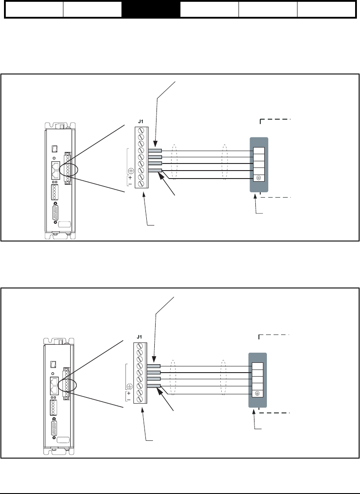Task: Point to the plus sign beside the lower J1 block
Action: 129,393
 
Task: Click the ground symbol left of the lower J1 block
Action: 129,385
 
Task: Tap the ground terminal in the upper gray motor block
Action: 258,178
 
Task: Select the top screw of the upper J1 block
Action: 141,131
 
